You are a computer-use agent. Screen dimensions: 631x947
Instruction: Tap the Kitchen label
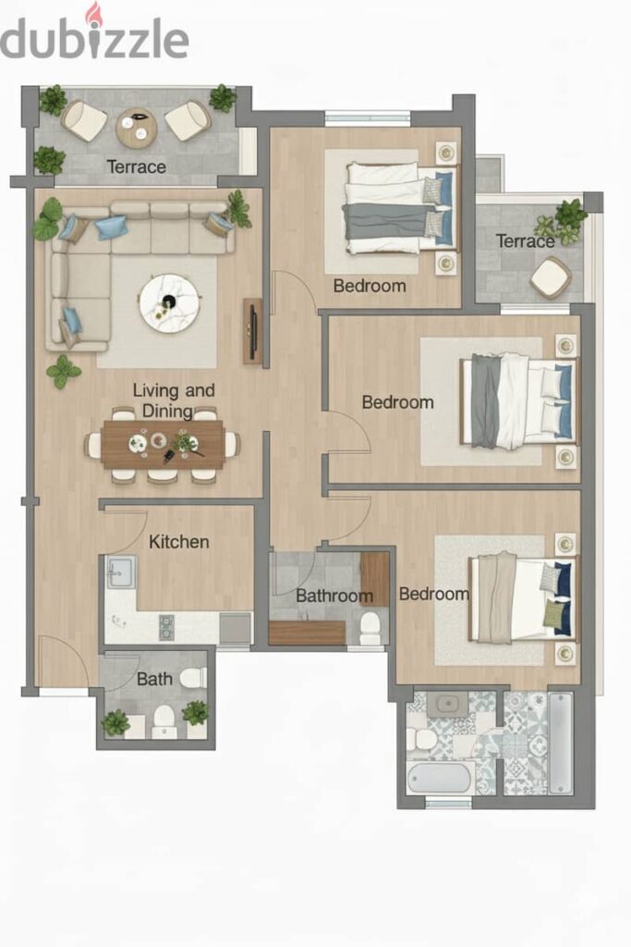pyautogui.click(x=179, y=542)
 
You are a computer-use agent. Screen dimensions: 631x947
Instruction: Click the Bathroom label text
pyautogui.click(x=334, y=596)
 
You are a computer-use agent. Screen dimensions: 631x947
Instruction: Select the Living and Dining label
pyautogui.click(x=174, y=400)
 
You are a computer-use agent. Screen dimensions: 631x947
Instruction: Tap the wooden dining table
pyautogui.click(x=163, y=445)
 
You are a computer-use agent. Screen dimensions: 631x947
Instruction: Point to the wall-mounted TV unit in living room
pyautogui.click(x=253, y=331)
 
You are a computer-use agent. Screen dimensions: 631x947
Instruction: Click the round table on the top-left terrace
pyautogui.click(x=137, y=128)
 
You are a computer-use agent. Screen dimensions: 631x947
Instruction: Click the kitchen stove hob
pyautogui.click(x=166, y=627)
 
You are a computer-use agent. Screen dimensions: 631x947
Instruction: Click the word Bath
pyautogui.click(x=154, y=679)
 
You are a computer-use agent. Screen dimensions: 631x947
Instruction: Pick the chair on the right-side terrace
pyautogui.click(x=551, y=277)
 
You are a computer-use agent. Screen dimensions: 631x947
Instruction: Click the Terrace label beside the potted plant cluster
pyautogui.click(x=525, y=241)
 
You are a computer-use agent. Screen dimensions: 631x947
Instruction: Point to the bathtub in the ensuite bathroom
pyautogui.click(x=439, y=779)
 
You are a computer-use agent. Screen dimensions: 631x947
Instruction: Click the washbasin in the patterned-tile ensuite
pyautogui.click(x=446, y=704)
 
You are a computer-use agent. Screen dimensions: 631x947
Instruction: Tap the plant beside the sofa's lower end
pyautogui.click(x=64, y=372)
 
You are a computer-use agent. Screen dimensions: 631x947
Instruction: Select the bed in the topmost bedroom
pyautogui.click(x=399, y=208)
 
